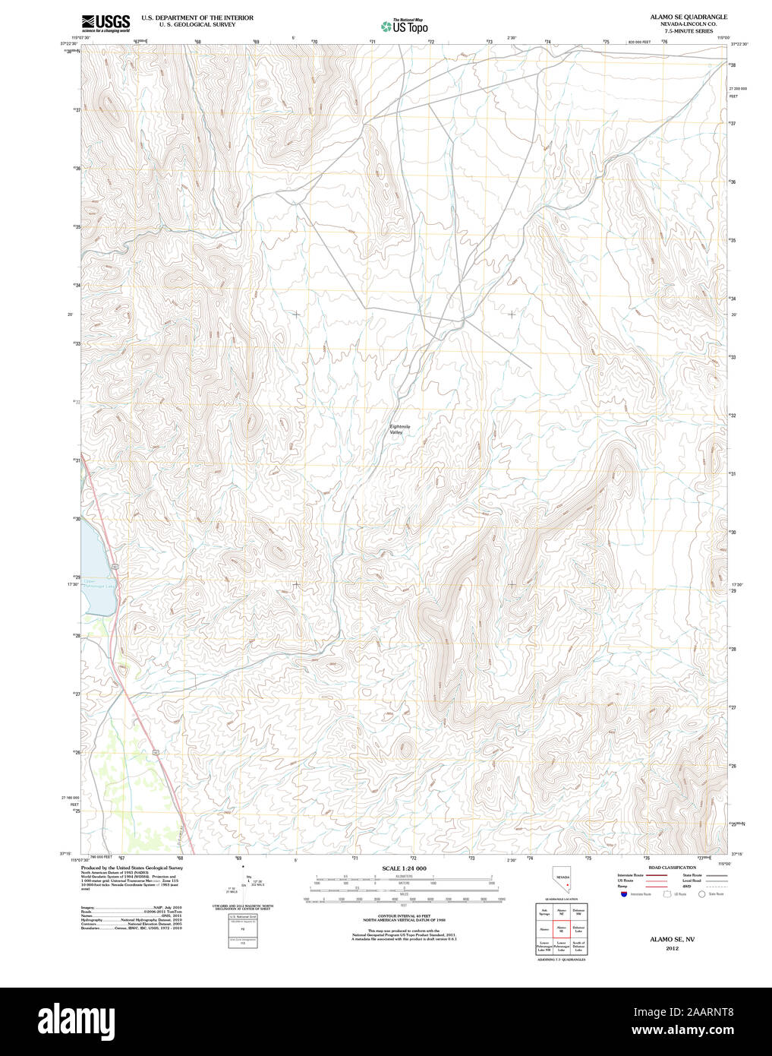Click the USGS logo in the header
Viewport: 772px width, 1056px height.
pyautogui.click(x=106, y=22)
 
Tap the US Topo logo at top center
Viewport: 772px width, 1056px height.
pyautogui.click(x=404, y=27)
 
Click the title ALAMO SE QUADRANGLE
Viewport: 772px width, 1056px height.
pyautogui.click(x=688, y=17)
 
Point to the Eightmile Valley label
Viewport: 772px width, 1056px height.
pyautogui.click(x=399, y=429)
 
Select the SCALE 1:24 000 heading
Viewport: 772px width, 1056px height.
pyautogui.click(x=404, y=868)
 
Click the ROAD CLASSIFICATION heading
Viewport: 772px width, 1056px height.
pyautogui.click(x=672, y=868)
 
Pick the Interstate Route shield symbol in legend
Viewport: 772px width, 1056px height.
pyautogui.click(x=623, y=894)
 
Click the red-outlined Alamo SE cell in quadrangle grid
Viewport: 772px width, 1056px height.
pyautogui.click(x=562, y=928)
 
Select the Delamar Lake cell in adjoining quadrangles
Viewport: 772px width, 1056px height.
pyautogui.click(x=579, y=928)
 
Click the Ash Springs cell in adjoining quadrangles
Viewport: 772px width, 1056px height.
pyautogui.click(x=544, y=912)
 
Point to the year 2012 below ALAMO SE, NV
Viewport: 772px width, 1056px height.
pyautogui.click(x=672, y=948)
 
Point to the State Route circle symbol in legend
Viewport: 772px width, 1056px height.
pyautogui.click(x=702, y=894)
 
